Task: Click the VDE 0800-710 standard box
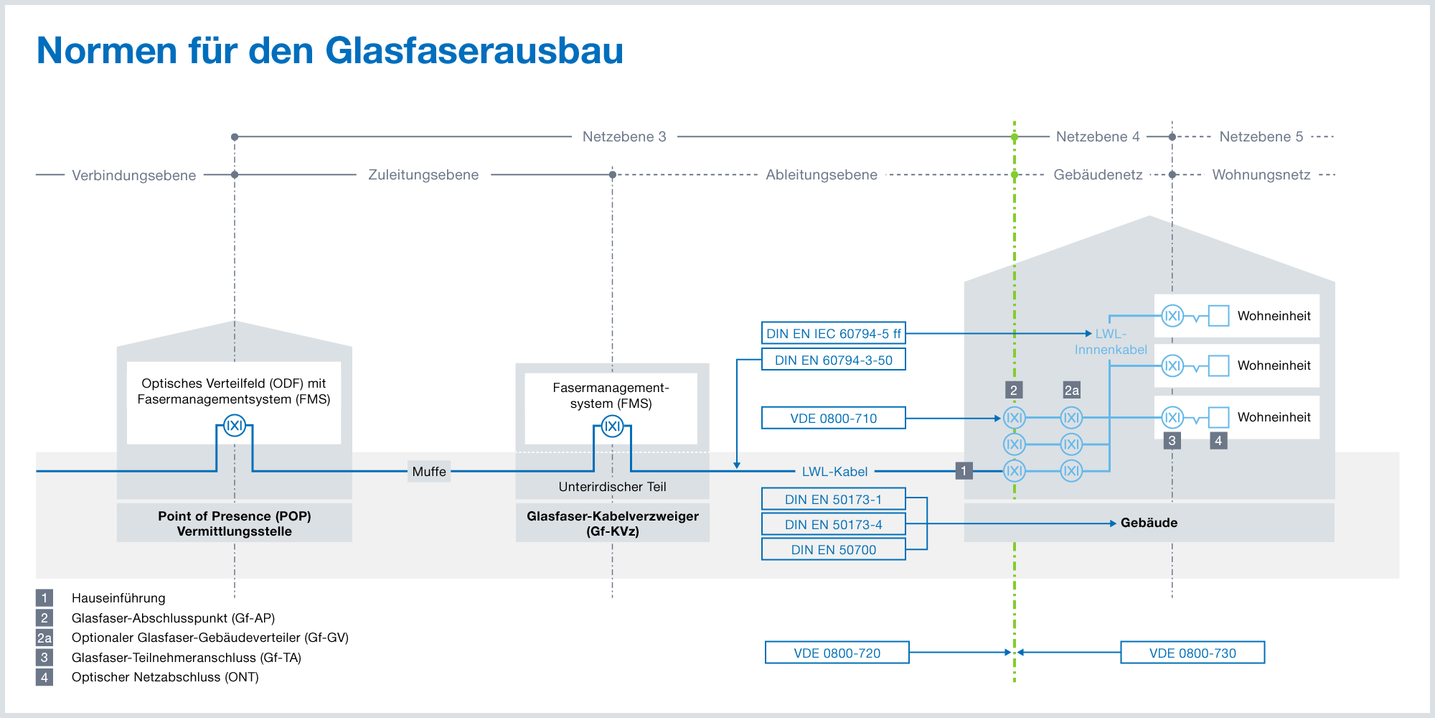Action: coord(833,418)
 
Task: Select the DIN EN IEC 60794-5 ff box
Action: coord(833,333)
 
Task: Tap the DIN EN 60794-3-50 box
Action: coord(833,360)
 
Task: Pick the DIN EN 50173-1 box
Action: coord(833,499)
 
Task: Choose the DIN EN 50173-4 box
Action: coord(833,524)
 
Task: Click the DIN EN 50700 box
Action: coord(833,549)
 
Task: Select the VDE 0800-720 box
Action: coord(837,653)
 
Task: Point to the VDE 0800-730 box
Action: coord(1192,653)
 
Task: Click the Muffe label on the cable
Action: coord(429,471)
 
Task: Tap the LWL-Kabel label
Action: coord(834,471)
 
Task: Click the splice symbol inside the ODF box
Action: coord(235,426)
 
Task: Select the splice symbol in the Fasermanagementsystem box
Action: coord(612,426)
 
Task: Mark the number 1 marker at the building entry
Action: coord(964,471)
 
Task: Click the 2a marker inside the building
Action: coord(1071,390)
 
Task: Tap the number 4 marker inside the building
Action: coord(1218,441)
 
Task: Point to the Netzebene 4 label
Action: coord(1098,136)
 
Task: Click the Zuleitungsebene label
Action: coord(423,174)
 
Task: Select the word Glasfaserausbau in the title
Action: coord(474,50)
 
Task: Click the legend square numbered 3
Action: coord(44,657)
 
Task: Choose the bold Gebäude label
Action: coord(1149,523)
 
